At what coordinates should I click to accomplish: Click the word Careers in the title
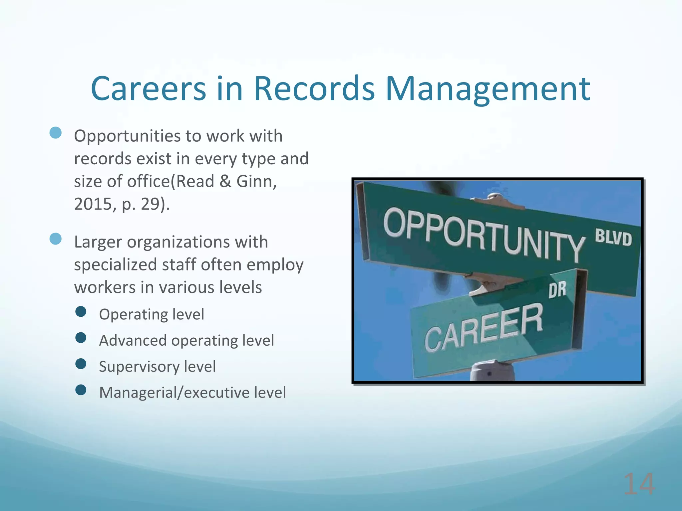pyautogui.click(x=149, y=89)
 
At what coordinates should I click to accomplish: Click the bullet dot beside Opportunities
pyautogui.click(x=56, y=133)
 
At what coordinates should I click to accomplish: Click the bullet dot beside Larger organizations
pyautogui.click(x=56, y=239)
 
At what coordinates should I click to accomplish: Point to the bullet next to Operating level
pyautogui.click(x=81, y=312)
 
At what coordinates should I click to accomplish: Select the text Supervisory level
pyautogui.click(x=157, y=367)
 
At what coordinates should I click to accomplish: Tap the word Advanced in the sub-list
pyautogui.click(x=133, y=340)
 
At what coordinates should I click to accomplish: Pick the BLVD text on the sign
pyautogui.click(x=613, y=238)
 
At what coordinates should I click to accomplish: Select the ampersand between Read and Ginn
pyautogui.click(x=225, y=182)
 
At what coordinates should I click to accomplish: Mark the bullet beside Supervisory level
pyautogui.click(x=81, y=364)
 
